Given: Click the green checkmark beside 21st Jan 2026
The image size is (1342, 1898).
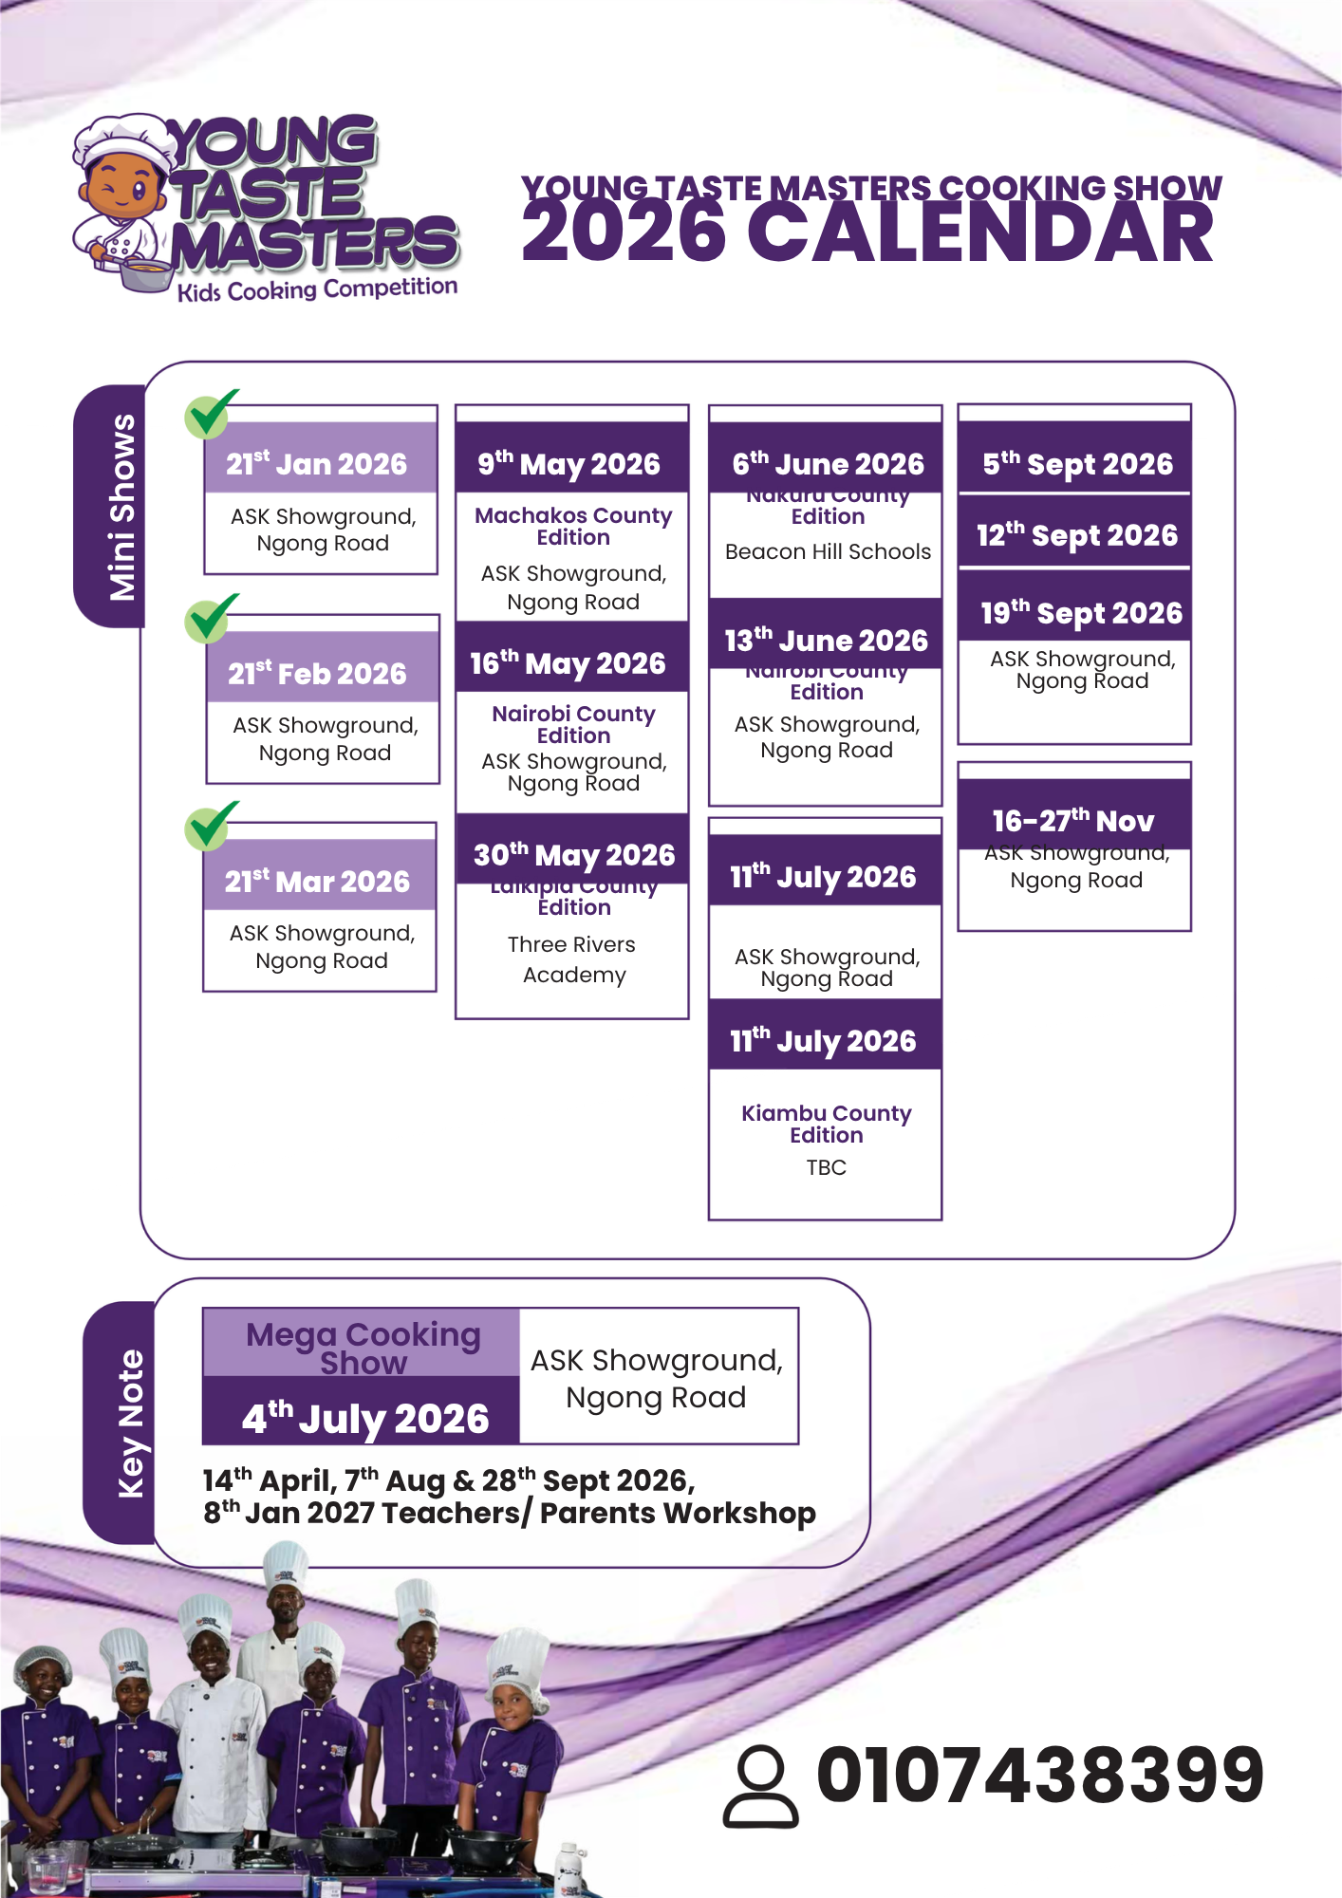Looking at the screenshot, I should point(209,415).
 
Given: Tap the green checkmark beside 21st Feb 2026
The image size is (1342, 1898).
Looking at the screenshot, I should point(209,619).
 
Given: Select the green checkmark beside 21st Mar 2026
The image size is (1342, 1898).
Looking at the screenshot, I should point(209,826).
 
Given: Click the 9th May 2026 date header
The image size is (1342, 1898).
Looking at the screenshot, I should point(570,463).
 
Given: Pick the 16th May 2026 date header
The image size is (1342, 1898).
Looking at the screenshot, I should point(570,662).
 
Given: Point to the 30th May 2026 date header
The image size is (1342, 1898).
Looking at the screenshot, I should point(573,854).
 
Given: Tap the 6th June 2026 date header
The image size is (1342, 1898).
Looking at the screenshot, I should point(827,463).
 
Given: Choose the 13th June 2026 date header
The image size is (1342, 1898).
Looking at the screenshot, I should point(826,641).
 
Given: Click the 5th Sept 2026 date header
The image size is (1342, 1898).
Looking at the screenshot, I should point(1076,463).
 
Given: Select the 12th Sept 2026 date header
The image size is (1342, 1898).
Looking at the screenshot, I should point(1076,535).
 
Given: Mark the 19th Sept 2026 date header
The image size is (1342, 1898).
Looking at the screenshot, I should point(1080,613).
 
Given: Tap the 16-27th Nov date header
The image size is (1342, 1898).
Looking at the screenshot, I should point(1073,820).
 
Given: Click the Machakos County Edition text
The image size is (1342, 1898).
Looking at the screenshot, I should point(573,526).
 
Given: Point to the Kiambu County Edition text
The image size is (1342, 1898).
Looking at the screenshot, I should point(826,1124).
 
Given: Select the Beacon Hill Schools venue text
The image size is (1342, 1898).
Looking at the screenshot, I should point(828,551).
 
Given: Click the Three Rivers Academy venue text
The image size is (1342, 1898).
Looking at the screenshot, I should point(573,959).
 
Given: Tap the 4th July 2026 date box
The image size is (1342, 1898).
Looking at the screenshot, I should point(363,1418).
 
